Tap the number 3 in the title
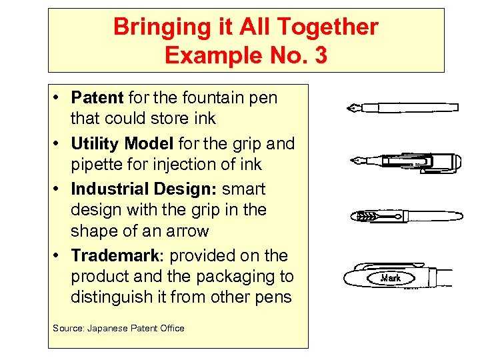(320, 55)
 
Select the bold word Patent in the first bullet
(97, 98)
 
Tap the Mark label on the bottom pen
(391, 277)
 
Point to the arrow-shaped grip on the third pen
(371, 216)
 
